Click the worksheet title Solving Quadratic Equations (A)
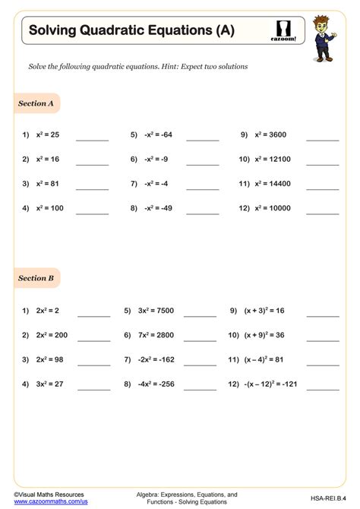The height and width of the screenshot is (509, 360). (131, 30)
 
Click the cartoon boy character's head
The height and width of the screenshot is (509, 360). (328, 17)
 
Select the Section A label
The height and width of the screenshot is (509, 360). (36, 103)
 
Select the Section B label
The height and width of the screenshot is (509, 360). (36, 278)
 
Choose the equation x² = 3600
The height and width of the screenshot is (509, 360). (271, 134)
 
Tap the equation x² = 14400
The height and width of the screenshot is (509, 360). (275, 183)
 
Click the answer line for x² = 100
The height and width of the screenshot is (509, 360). (92, 212)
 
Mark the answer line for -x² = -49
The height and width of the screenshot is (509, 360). (202, 212)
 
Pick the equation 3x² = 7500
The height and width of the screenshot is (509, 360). (156, 311)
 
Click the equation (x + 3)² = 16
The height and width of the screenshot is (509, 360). (264, 311)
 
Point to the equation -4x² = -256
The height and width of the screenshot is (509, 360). (158, 384)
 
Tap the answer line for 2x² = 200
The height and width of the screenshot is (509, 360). (93, 340)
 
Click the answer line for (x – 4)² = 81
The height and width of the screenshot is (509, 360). (323, 364)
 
